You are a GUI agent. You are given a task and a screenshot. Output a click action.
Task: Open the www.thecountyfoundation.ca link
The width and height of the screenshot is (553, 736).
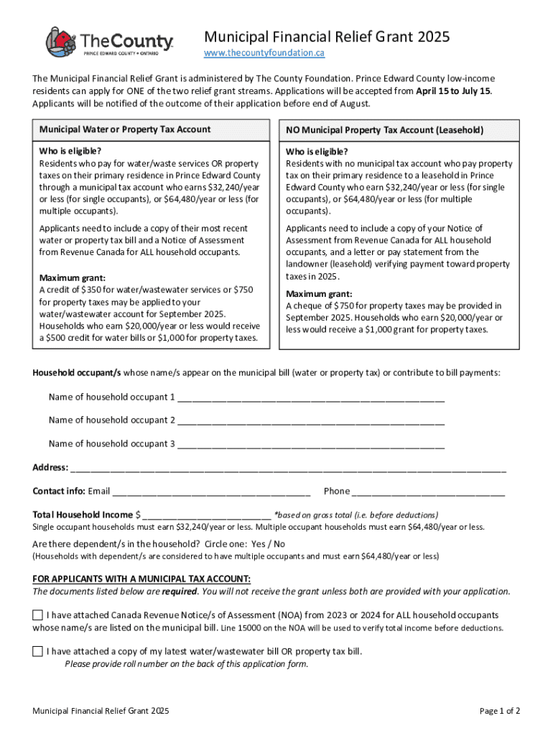tap(264, 53)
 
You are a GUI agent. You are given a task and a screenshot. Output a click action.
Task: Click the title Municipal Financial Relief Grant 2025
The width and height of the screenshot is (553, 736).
tap(327, 37)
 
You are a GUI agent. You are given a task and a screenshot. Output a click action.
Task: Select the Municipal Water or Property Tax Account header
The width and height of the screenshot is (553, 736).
tap(125, 129)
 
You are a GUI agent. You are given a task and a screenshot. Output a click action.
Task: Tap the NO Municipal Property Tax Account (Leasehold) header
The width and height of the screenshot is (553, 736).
tap(384, 130)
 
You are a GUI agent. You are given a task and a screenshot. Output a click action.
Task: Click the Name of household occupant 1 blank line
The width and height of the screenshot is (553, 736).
tap(310, 397)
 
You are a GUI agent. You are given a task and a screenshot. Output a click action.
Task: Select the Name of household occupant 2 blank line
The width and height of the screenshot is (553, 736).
tap(310, 420)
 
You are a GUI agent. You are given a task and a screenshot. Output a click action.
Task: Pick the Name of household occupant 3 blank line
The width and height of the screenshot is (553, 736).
tap(310, 444)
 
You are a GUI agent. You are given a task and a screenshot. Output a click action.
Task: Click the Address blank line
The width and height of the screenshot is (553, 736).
tap(287, 468)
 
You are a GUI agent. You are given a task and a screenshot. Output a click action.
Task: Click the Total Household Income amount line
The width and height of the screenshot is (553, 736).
tap(207, 515)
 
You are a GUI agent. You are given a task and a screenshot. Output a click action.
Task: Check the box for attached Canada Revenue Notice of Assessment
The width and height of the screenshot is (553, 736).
tap(37, 616)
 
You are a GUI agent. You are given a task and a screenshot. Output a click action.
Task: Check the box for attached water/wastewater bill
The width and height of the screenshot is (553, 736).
tap(37, 652)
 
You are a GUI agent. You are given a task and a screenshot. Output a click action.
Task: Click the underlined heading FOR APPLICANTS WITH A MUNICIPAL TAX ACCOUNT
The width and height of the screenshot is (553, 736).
tap(141, 579)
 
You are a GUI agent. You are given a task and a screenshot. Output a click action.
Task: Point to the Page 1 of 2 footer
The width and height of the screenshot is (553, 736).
tap(499, 712)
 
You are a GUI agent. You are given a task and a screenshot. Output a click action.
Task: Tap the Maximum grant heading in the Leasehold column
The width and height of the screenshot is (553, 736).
tap(319, 294)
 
